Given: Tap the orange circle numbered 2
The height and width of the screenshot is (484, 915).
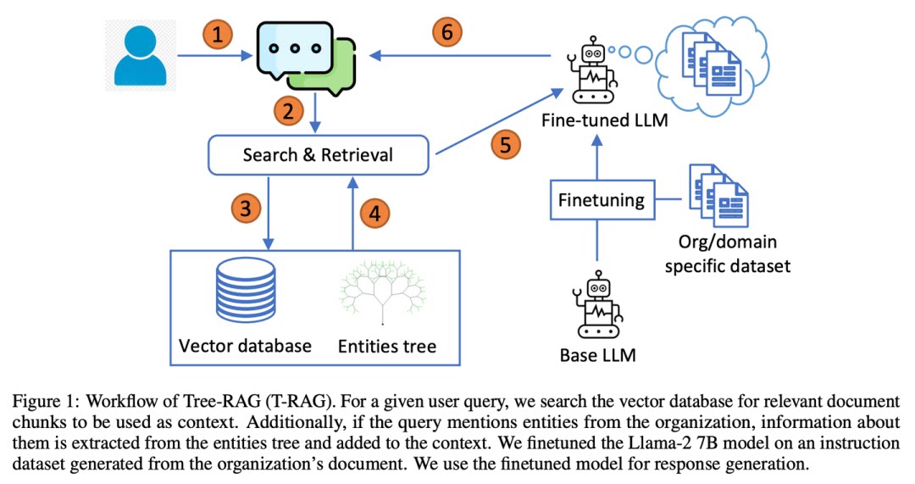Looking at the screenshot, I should (289, 111).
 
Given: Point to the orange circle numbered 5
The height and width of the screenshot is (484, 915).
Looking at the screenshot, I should (505, 145).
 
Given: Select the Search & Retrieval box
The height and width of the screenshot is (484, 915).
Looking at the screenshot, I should (318, 155).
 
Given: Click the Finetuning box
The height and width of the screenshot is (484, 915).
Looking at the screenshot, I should (602, 200).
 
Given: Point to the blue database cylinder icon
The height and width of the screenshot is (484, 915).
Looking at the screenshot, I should (246, 288).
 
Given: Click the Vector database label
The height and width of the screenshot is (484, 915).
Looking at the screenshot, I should (245, 346).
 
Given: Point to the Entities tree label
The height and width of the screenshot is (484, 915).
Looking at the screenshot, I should (387, 346).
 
